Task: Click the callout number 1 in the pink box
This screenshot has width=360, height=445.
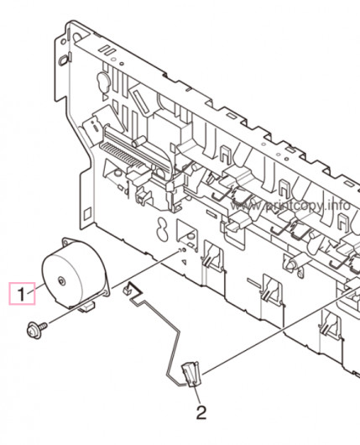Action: click(x=22, y=294)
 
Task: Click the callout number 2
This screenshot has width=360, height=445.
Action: click(x=201, y=413)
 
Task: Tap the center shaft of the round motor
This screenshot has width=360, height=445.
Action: click(x=61, y=281)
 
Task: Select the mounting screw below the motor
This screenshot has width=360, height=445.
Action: click(x=37, y=330)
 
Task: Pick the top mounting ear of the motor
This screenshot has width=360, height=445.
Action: click(x=67, y=242)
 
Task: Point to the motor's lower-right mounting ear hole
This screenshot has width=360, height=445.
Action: click(x=107, y=291)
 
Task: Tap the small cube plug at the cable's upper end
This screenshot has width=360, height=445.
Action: click(x=127, y=291)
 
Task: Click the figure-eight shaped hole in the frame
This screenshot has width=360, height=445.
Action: click(x=162, y=229)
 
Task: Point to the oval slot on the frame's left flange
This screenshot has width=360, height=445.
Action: click(x=64, y=60)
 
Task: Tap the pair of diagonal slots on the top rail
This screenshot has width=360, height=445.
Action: click(x=107, y=50)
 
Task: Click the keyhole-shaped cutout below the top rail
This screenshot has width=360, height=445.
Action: click(x=103, y=82)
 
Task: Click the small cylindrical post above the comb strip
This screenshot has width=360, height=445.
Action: click(x=139, y=140)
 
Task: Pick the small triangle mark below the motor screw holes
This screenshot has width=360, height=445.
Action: click(x=185, y=262)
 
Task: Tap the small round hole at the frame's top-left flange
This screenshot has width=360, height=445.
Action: click(x=64, y=41)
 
